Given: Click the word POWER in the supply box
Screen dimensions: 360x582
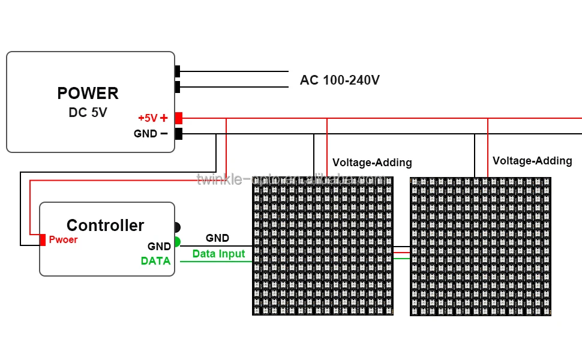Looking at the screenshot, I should tap(88, 94).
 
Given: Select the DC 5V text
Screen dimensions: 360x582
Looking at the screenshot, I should tap(88, 112).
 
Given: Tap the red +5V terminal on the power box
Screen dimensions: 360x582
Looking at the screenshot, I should tap(178, 118).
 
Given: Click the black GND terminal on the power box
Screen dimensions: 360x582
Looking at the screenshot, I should tap(178, 134).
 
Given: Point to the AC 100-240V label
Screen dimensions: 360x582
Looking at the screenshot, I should tap(340, 80).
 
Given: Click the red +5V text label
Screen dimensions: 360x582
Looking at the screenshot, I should tap(148, 118).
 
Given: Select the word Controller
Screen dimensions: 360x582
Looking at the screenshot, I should tap(105, 226).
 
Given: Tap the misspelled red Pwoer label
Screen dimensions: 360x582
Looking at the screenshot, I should tap(63, 240).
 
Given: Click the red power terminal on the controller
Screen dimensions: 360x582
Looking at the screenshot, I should tap(43, 240).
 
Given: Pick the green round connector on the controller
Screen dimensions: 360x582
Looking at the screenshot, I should tap(177, 242).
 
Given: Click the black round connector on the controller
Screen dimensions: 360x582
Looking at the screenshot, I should tap(177, 227).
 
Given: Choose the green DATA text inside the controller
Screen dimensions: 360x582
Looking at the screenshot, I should tap(155, 261).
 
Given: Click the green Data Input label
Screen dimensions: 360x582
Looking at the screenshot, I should tap(218, 254).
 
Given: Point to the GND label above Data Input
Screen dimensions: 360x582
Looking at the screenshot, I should tap(217, 238).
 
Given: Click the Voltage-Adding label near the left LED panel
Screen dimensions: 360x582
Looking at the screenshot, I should tap(372, 163).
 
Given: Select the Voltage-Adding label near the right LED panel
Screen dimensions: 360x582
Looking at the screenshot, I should tap(532, 161).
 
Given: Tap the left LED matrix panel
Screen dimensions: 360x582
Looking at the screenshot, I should tap(322, 246).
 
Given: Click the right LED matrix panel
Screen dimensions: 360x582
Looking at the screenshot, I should tap(480, 246).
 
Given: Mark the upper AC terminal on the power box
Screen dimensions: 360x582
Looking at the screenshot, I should tap(178, 71).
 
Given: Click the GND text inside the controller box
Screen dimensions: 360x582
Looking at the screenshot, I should tap(159, 247).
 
